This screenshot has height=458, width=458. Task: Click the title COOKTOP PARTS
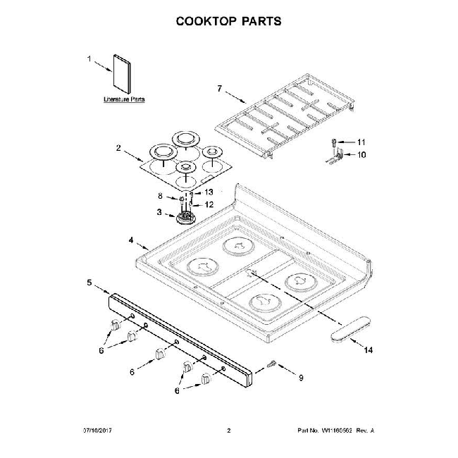click(x=228, y=20)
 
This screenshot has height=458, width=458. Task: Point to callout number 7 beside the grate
click(x=219, y=88)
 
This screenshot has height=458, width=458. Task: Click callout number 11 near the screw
click(x=362, y=142)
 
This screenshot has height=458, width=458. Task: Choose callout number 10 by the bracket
click(x=362, y=154)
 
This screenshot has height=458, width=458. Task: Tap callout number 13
click(x=209, y=192)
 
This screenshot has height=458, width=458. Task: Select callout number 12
click(x=209, y=204)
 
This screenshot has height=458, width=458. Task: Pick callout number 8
click(x=160, y=197)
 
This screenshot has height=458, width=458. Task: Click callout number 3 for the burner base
click(x=159, y=212)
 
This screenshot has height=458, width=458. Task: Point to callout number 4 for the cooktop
click(x=131, y=240)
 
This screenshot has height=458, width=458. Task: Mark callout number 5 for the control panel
click(x=89, y=283)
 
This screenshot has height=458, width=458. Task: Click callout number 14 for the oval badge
click(x=366, y=349)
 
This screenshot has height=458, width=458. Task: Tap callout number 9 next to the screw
click(x=301, y=378)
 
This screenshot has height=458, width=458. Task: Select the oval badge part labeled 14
click(x=352, y=327)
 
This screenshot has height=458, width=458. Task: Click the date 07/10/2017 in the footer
click(x=98, y=430)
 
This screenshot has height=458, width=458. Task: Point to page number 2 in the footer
click(x=228, y=430)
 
